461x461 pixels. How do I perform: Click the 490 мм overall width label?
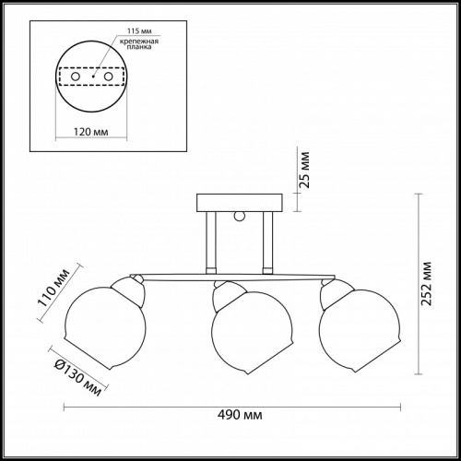tap(240, 415)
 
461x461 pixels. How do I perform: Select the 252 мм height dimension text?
tap(426, 284)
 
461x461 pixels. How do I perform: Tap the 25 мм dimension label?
tap(304, 170)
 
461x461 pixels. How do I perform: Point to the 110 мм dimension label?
tap(53, 288)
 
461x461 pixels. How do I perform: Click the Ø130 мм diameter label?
tap(78, 377)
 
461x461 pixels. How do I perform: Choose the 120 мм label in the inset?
tap(91, 132)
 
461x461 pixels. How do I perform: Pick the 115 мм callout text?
tap(139, 31)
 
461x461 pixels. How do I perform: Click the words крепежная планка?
tap(139, 44)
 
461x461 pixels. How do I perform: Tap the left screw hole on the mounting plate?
tap(76, 77)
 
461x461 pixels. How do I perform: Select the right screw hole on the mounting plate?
tap(108, 77)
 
